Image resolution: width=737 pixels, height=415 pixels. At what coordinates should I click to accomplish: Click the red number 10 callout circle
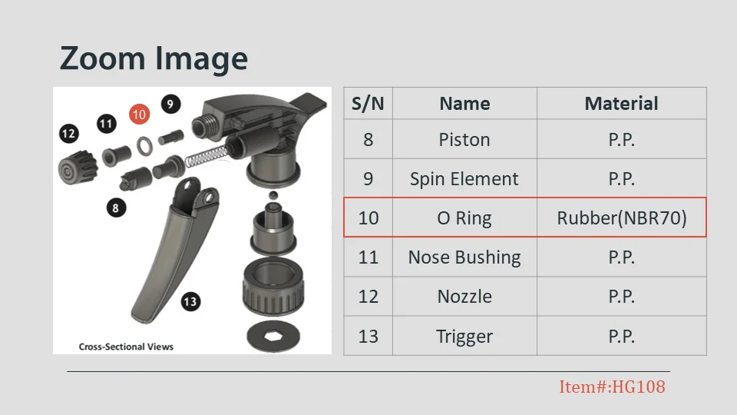coord(139,115)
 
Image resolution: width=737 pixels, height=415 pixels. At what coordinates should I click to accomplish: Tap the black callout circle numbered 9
coord(170,104)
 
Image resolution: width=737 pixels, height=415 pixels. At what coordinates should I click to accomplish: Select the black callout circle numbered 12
coord(68,134)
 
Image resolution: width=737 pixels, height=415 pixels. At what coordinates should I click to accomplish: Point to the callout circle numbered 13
coord(190,301)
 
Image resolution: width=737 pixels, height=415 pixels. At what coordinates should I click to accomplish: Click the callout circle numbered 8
coord(116,207)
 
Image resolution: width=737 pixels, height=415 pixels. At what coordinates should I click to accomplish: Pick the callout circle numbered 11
coord(107,124)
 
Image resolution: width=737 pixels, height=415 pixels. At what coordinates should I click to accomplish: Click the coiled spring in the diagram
coord(207,156)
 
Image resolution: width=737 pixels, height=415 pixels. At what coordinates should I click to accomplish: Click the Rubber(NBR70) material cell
coord(621,217)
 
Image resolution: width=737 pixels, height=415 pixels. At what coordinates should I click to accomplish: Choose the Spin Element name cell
coord(464,179)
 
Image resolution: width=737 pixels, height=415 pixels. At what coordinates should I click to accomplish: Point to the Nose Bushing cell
coord(464,257)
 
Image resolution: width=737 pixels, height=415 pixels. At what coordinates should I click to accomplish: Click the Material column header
coord(621,104)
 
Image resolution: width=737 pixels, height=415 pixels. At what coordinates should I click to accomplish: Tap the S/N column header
coord(368,104)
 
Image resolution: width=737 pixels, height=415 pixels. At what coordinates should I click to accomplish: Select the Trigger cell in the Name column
coord(464,336)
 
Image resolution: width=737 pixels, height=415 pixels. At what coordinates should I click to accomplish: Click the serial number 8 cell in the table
coord(368,140)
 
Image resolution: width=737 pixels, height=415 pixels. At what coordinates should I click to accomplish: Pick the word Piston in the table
coord(464,140)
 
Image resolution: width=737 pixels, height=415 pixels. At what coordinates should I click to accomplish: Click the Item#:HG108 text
coord(612,387)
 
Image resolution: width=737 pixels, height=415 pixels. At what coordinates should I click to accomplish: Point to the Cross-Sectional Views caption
coord(126,347)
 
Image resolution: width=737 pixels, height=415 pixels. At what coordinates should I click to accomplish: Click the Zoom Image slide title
coord(154,58)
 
